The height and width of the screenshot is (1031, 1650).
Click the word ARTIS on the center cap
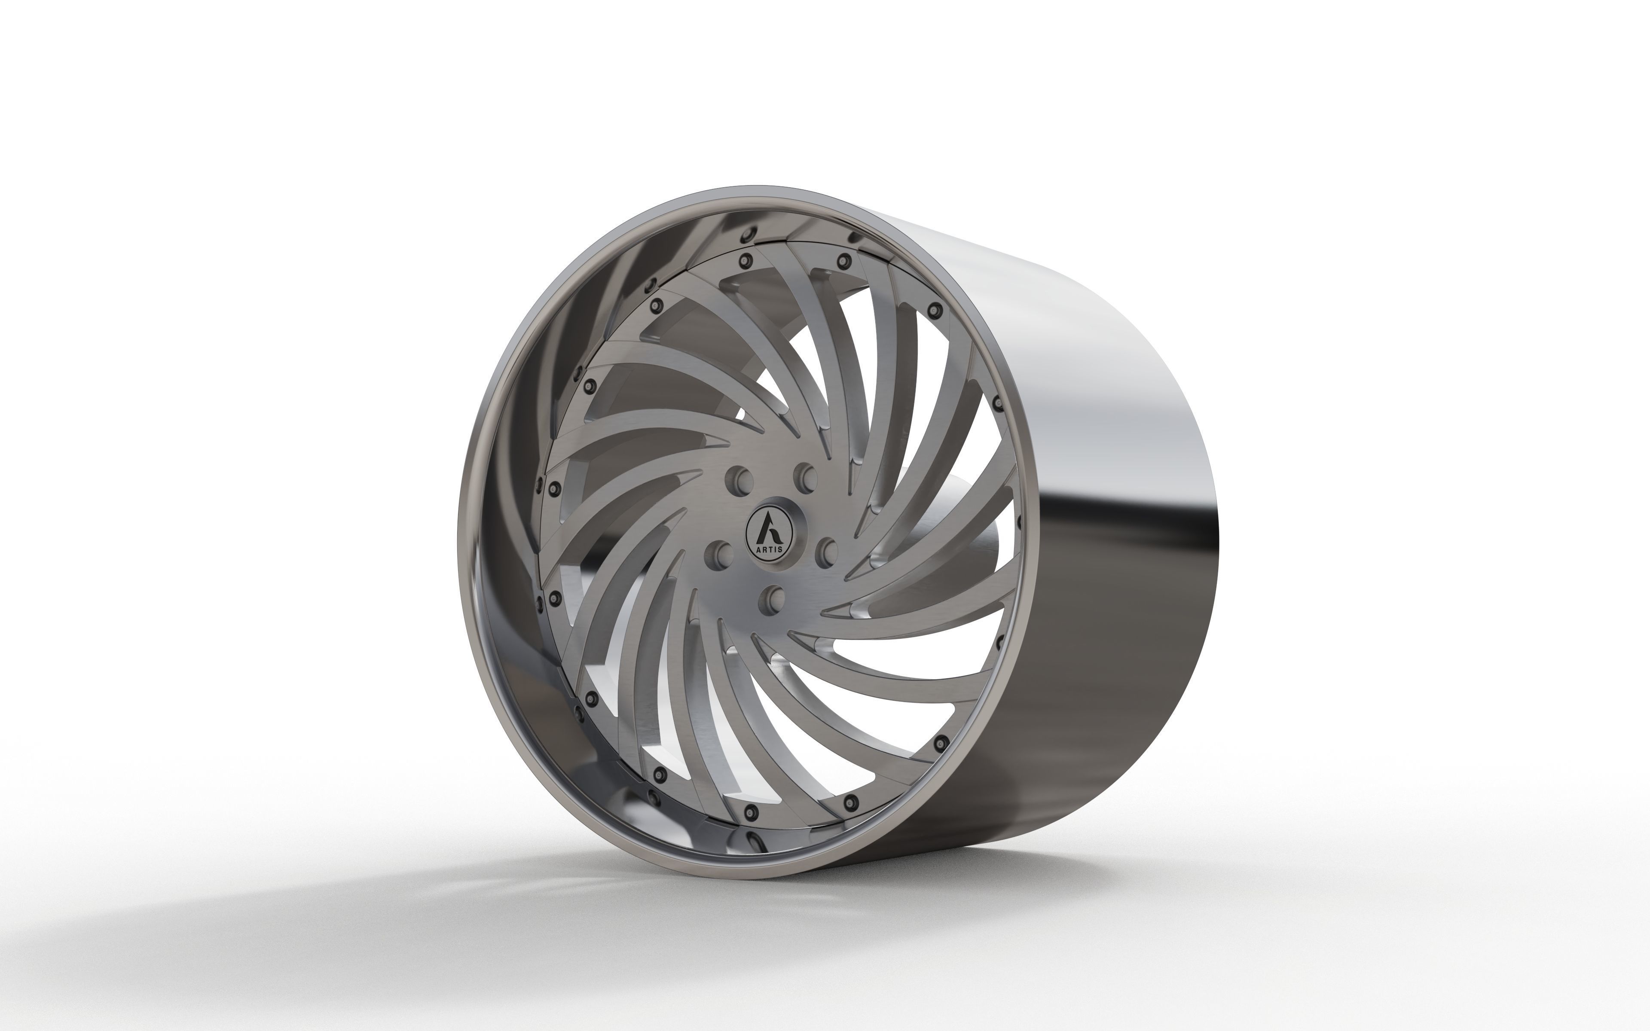tap(769, 549)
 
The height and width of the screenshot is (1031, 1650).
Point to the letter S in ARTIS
tap(780, 549)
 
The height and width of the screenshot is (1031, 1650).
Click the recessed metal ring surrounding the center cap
tap(798, 518)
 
